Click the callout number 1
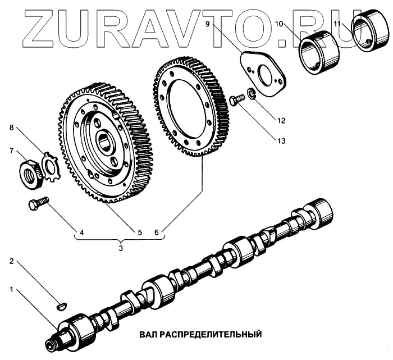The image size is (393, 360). pyautogui.click(x=11, y=290)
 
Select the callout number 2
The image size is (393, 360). pyautogui.click(x=11, y=262)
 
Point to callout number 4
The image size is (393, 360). pyautogui.click(x=82, y=231)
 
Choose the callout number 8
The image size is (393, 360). pyautogui.click(x=11, y=127)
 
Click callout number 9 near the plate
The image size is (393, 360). pyautogui.click(x=208, y=24)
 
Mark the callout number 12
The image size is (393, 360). pyautogui.click(x=281, y=120)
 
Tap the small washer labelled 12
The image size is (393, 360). pyautogui.click(x=252, y=94)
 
